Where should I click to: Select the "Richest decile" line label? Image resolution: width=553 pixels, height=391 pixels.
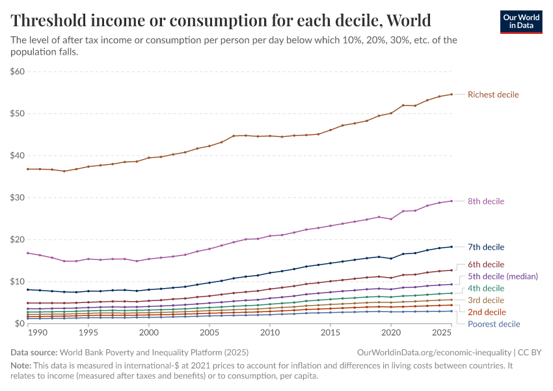(493, 94)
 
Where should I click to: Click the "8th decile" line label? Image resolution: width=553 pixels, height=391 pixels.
(486, 201)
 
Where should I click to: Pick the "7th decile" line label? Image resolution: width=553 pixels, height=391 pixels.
(486, 247)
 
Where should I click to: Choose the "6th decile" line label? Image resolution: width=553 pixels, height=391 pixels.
(486, 265)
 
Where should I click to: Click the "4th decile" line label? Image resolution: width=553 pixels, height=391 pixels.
(486, 288)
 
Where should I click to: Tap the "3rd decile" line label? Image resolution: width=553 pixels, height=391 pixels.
(486, 300)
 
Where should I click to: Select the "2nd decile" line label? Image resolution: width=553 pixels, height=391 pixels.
(486, 312)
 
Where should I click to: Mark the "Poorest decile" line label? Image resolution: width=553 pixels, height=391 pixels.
(494, 324)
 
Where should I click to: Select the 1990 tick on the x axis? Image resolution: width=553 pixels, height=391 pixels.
(38, 332)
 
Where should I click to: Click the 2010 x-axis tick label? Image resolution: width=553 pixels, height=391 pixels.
(270, 332)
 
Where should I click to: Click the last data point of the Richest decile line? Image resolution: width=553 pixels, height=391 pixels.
(452, 94)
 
